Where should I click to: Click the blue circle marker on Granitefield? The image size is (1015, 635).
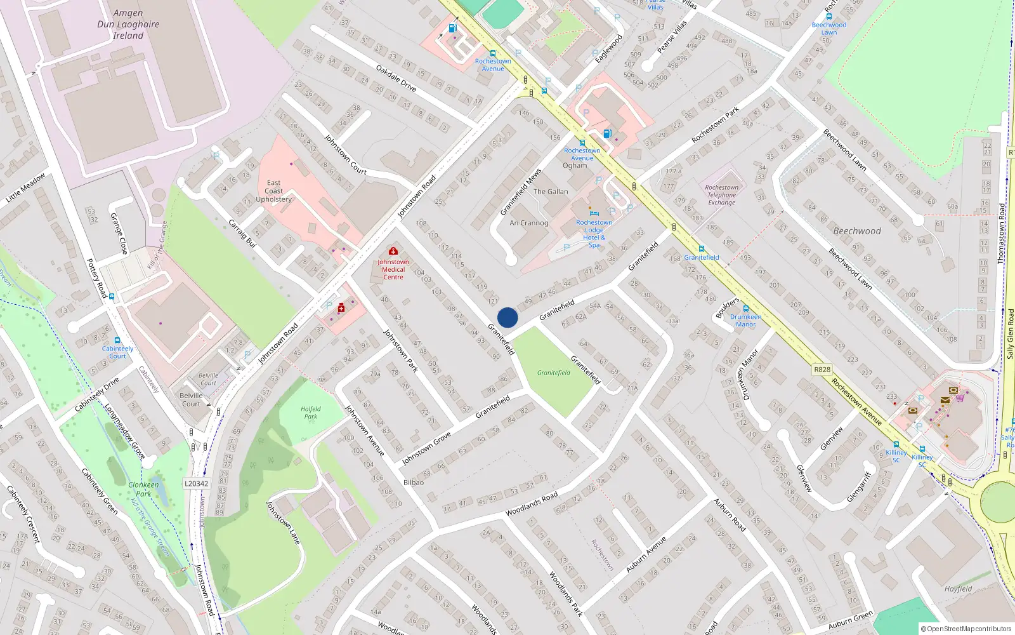tap(507, 317)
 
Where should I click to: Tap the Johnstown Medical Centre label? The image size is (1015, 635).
tap(393, 269)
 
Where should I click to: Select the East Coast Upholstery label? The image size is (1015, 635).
tap(274, 191)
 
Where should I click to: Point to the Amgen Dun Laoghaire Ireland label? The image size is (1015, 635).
tap(128, 24)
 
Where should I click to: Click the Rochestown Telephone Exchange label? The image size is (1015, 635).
tap(722, 195)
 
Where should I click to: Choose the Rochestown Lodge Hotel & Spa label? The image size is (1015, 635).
tap(594, 234)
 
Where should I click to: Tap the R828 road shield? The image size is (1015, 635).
tap(822, 369)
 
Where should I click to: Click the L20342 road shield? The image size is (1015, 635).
tap(197, 483)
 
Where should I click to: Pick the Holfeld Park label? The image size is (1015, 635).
tap(311, 413)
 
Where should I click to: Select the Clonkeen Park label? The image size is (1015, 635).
tap(144, 489)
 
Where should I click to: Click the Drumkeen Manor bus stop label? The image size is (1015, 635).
tap(745, 320)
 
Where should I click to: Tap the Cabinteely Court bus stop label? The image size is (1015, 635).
tap(118, 352)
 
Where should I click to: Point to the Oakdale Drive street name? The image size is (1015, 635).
tap(396, 78)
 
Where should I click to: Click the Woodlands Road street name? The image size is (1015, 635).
tap(532, 504)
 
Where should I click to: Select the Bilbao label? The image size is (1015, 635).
tap(414, 482)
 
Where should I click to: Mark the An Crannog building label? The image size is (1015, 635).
tap(529, 223)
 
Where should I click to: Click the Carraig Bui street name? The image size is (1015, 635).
tap(242, 233)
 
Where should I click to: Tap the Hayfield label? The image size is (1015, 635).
tap(958, 589)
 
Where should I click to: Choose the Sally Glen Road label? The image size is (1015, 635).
tap(1010, 333)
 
